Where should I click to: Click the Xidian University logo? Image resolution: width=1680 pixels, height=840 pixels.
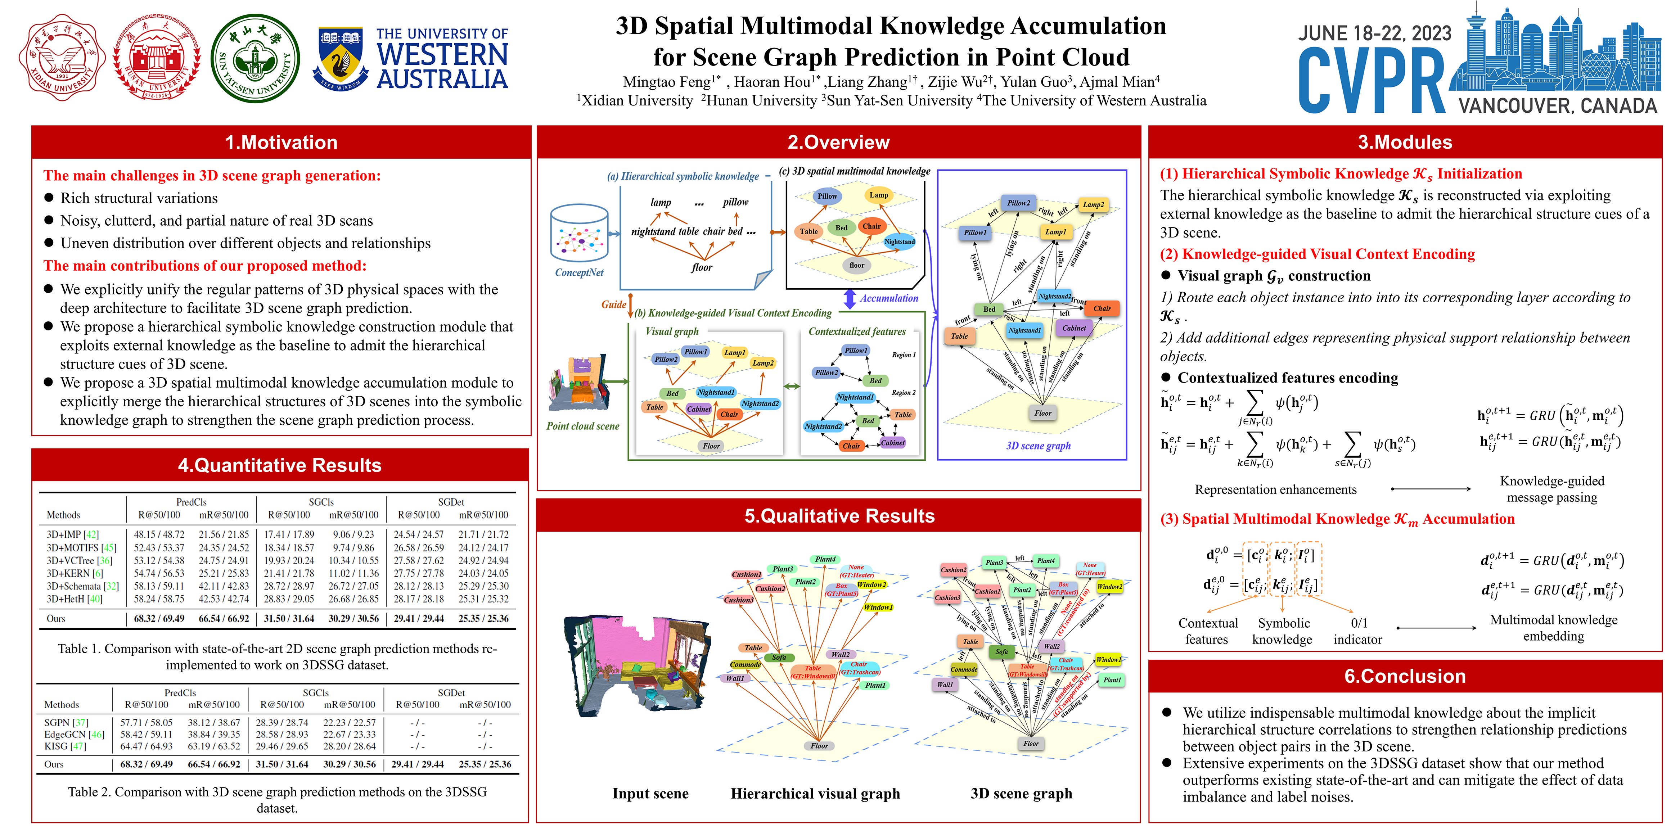coord(62,59)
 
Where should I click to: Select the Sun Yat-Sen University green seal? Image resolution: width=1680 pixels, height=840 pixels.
coord(255,59)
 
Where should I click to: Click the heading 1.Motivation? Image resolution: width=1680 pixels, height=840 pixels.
coord(281,142)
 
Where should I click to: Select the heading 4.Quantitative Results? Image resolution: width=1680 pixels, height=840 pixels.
coord(280,465)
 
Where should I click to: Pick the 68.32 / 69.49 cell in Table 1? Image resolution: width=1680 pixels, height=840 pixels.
coord(159,618)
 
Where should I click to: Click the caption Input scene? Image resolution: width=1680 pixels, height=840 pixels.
coord(650,793)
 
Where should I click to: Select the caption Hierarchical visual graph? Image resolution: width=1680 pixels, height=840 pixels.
coord(815,793)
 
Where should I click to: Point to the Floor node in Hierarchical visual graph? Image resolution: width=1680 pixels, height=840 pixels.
coord(819,745)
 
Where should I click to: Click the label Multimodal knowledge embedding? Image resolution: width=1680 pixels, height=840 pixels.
coord(1554,627)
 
